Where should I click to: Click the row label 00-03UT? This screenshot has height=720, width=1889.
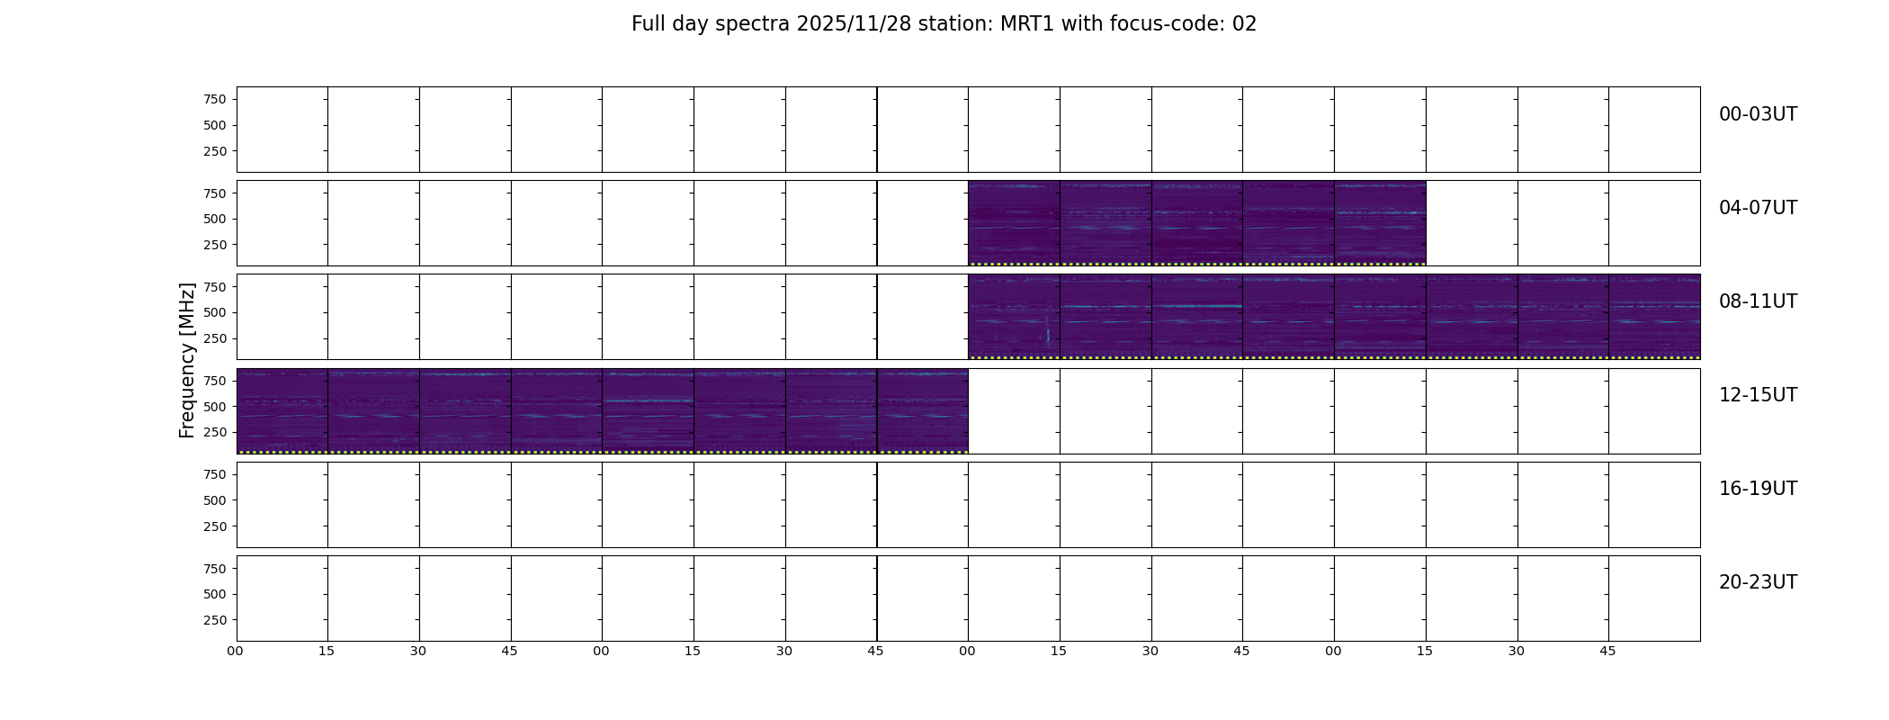tap(1758, 114)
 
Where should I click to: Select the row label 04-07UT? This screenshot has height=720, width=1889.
tap(1758, 208)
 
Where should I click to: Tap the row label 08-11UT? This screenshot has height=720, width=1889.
tap(1758, 301)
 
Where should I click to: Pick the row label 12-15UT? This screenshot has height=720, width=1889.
tap(1758, 395)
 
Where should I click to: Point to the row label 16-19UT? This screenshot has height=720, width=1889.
tap(1758, 489)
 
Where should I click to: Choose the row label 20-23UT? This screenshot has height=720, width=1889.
tap(1758, 582)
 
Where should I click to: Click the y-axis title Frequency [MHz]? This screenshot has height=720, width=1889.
tap(187, 361)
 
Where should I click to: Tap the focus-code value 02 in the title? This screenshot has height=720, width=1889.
tap(1244, 24)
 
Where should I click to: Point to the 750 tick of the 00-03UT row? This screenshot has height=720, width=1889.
tap(215, 99)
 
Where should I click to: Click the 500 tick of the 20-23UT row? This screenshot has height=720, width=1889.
tap(215, 594)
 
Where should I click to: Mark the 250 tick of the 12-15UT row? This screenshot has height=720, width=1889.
tap(215, 433)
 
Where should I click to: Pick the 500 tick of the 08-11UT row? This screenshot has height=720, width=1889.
tap(215, 312)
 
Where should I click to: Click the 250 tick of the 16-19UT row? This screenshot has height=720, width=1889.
tap(215, 526)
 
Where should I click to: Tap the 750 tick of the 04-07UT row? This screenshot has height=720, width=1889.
tap(215, 193)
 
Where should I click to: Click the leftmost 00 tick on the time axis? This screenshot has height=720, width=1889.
tap(236, 651)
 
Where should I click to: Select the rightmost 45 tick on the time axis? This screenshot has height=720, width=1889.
tap(1607, 651)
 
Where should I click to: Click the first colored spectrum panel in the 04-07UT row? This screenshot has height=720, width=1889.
tap(1014, 223)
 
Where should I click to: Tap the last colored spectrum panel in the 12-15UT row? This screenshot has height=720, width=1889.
tap(923, 411)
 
